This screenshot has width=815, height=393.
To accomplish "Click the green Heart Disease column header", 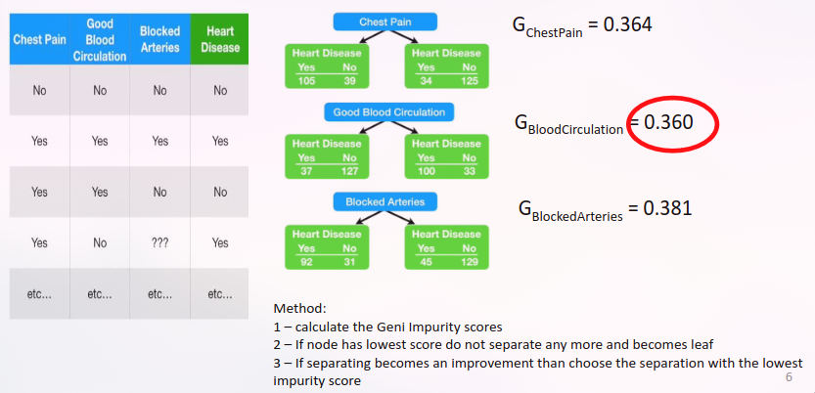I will pyautogui.click(x=219, y=39).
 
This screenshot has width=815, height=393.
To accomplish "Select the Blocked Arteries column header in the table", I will pyautogui.click(x=159, y=39).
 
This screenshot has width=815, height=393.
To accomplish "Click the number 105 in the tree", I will pyautogui.click(x=306, y=80).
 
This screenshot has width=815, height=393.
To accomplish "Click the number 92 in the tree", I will pyautogui.click(x=306, y=261).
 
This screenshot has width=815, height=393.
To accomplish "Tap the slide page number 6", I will pyautogui.click(x=790, y=375).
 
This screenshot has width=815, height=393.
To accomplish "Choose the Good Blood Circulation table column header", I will pyautogui.click(x=99, y=39).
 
